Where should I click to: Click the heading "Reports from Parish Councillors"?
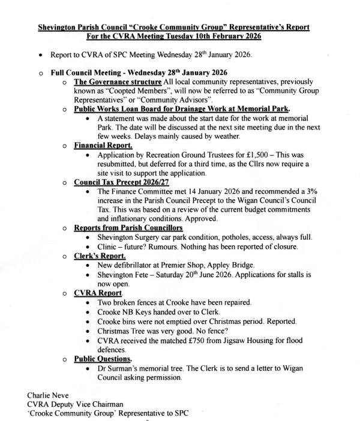pyautogui.click(x=128, y=228)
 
